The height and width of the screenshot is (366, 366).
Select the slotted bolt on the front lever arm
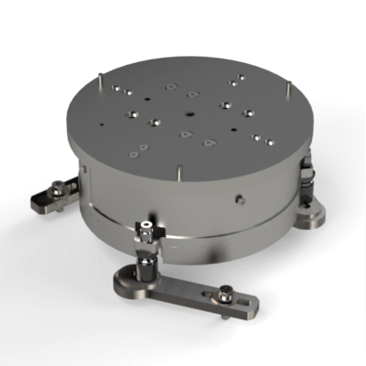coord(225,296)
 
